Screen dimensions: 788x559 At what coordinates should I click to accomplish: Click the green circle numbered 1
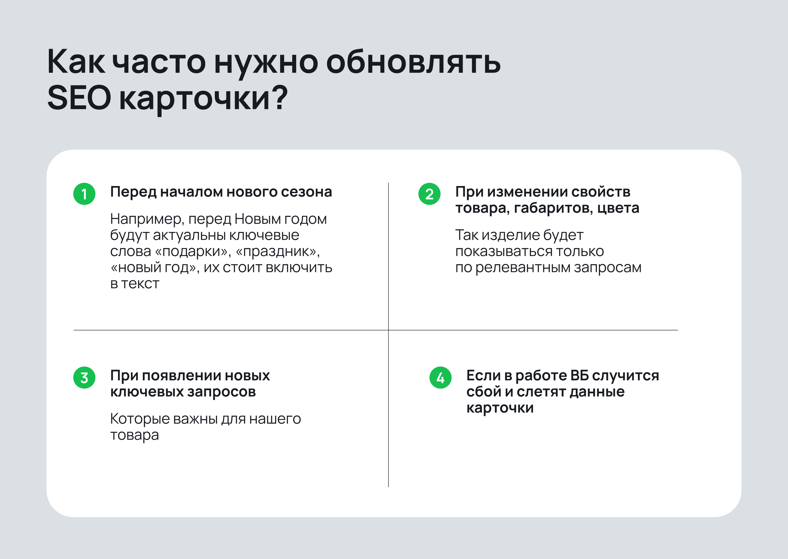point(84,194)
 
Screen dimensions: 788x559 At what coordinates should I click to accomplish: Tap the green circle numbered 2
point(429,194)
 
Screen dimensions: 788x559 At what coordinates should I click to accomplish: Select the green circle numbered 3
point(84,378)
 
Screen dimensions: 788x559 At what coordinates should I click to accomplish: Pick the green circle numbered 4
point(441,378)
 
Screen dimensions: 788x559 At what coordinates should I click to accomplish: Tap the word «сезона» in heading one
point(307,192)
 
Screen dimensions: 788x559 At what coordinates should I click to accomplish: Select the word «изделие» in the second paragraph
point(511,235)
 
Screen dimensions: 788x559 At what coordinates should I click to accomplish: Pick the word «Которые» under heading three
point(140,419)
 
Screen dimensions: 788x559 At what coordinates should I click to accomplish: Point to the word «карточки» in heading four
point(500,408)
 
